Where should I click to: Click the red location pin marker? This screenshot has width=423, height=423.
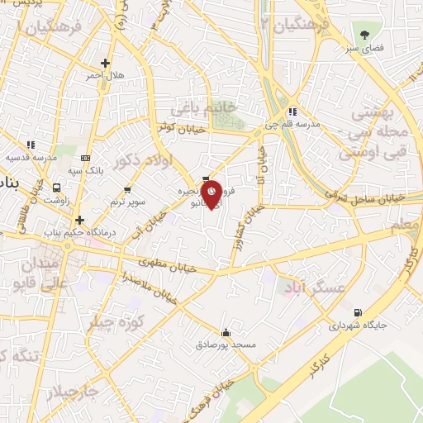211,193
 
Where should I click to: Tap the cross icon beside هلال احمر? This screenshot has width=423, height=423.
105,63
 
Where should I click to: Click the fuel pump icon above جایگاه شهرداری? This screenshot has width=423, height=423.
357,312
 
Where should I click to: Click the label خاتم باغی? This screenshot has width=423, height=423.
203,108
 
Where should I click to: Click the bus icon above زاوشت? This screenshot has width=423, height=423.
57,188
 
